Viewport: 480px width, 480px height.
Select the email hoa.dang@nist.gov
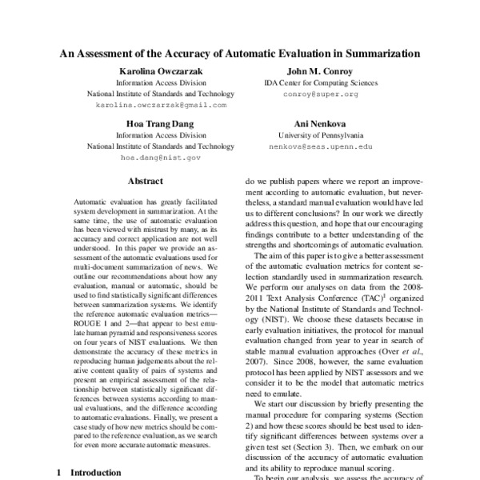(x=161, y=158)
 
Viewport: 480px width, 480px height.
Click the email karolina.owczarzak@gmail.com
(x=161, y=105)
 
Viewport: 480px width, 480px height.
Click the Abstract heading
(x=145, y=182)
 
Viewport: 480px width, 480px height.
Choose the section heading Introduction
(x=96, y=473)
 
